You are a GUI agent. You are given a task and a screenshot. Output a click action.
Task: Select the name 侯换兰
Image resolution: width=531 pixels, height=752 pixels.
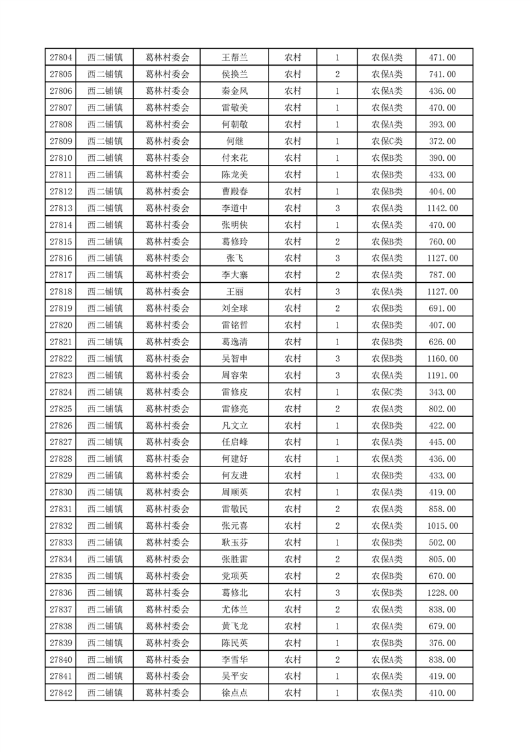tap(235, 74)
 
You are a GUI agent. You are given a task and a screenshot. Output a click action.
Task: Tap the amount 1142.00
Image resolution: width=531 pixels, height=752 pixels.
tap(443, 208)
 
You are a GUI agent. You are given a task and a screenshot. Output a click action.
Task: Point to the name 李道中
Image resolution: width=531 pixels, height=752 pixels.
tap(235, 208)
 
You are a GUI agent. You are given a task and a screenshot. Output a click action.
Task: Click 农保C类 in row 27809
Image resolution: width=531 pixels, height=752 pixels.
tap(387, 141)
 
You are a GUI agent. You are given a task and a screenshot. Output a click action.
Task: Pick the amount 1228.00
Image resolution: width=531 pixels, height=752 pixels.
tap(443, 592)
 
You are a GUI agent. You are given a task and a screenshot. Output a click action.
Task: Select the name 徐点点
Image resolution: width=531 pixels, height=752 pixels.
tap(235, 693)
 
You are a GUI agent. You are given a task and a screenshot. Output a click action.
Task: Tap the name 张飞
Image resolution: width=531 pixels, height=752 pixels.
tap(235, 258)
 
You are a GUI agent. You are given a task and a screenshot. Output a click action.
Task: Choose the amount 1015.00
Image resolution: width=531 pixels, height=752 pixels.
tap(443, 525)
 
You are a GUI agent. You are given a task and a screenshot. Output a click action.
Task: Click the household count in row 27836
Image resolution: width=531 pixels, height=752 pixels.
tap(337, 592)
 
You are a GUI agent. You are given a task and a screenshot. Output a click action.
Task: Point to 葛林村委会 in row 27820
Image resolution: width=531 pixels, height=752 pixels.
tap(167, 325)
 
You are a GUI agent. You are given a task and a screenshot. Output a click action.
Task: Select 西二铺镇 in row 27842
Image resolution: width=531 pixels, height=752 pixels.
tap(104, 693)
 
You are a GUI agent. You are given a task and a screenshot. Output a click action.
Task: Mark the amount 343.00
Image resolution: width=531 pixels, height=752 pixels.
tap(443, 392)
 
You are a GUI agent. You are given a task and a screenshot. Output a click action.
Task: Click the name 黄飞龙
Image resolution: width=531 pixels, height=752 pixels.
tap(235, 626)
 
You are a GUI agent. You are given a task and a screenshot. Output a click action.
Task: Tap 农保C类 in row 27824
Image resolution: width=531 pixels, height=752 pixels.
tap(387, 392)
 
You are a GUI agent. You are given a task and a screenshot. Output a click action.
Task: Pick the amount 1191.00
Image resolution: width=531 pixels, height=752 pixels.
tap(443, 375)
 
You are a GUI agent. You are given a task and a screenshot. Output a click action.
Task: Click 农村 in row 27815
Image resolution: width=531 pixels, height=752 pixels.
tap(293, 242)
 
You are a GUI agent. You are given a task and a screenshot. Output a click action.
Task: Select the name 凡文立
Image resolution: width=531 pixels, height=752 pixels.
tap(235, 426)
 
